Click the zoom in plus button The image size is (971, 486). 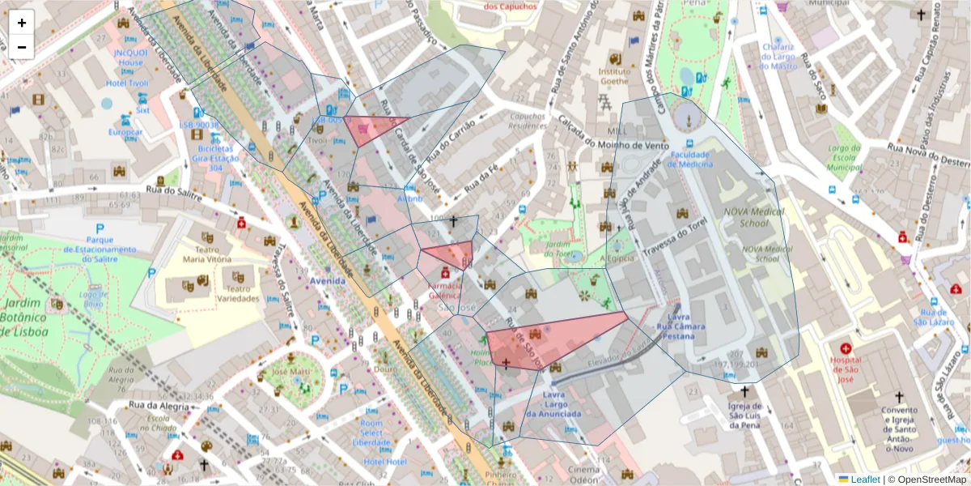click(22, 23)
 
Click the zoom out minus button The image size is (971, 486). click(22, 47)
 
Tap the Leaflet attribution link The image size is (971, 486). click(865, 480)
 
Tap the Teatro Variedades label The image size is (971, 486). click(237, 292)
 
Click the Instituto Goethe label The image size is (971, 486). click(614, 76)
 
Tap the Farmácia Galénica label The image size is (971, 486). click(444, 292)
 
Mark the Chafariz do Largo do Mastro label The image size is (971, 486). click(778, 56)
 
